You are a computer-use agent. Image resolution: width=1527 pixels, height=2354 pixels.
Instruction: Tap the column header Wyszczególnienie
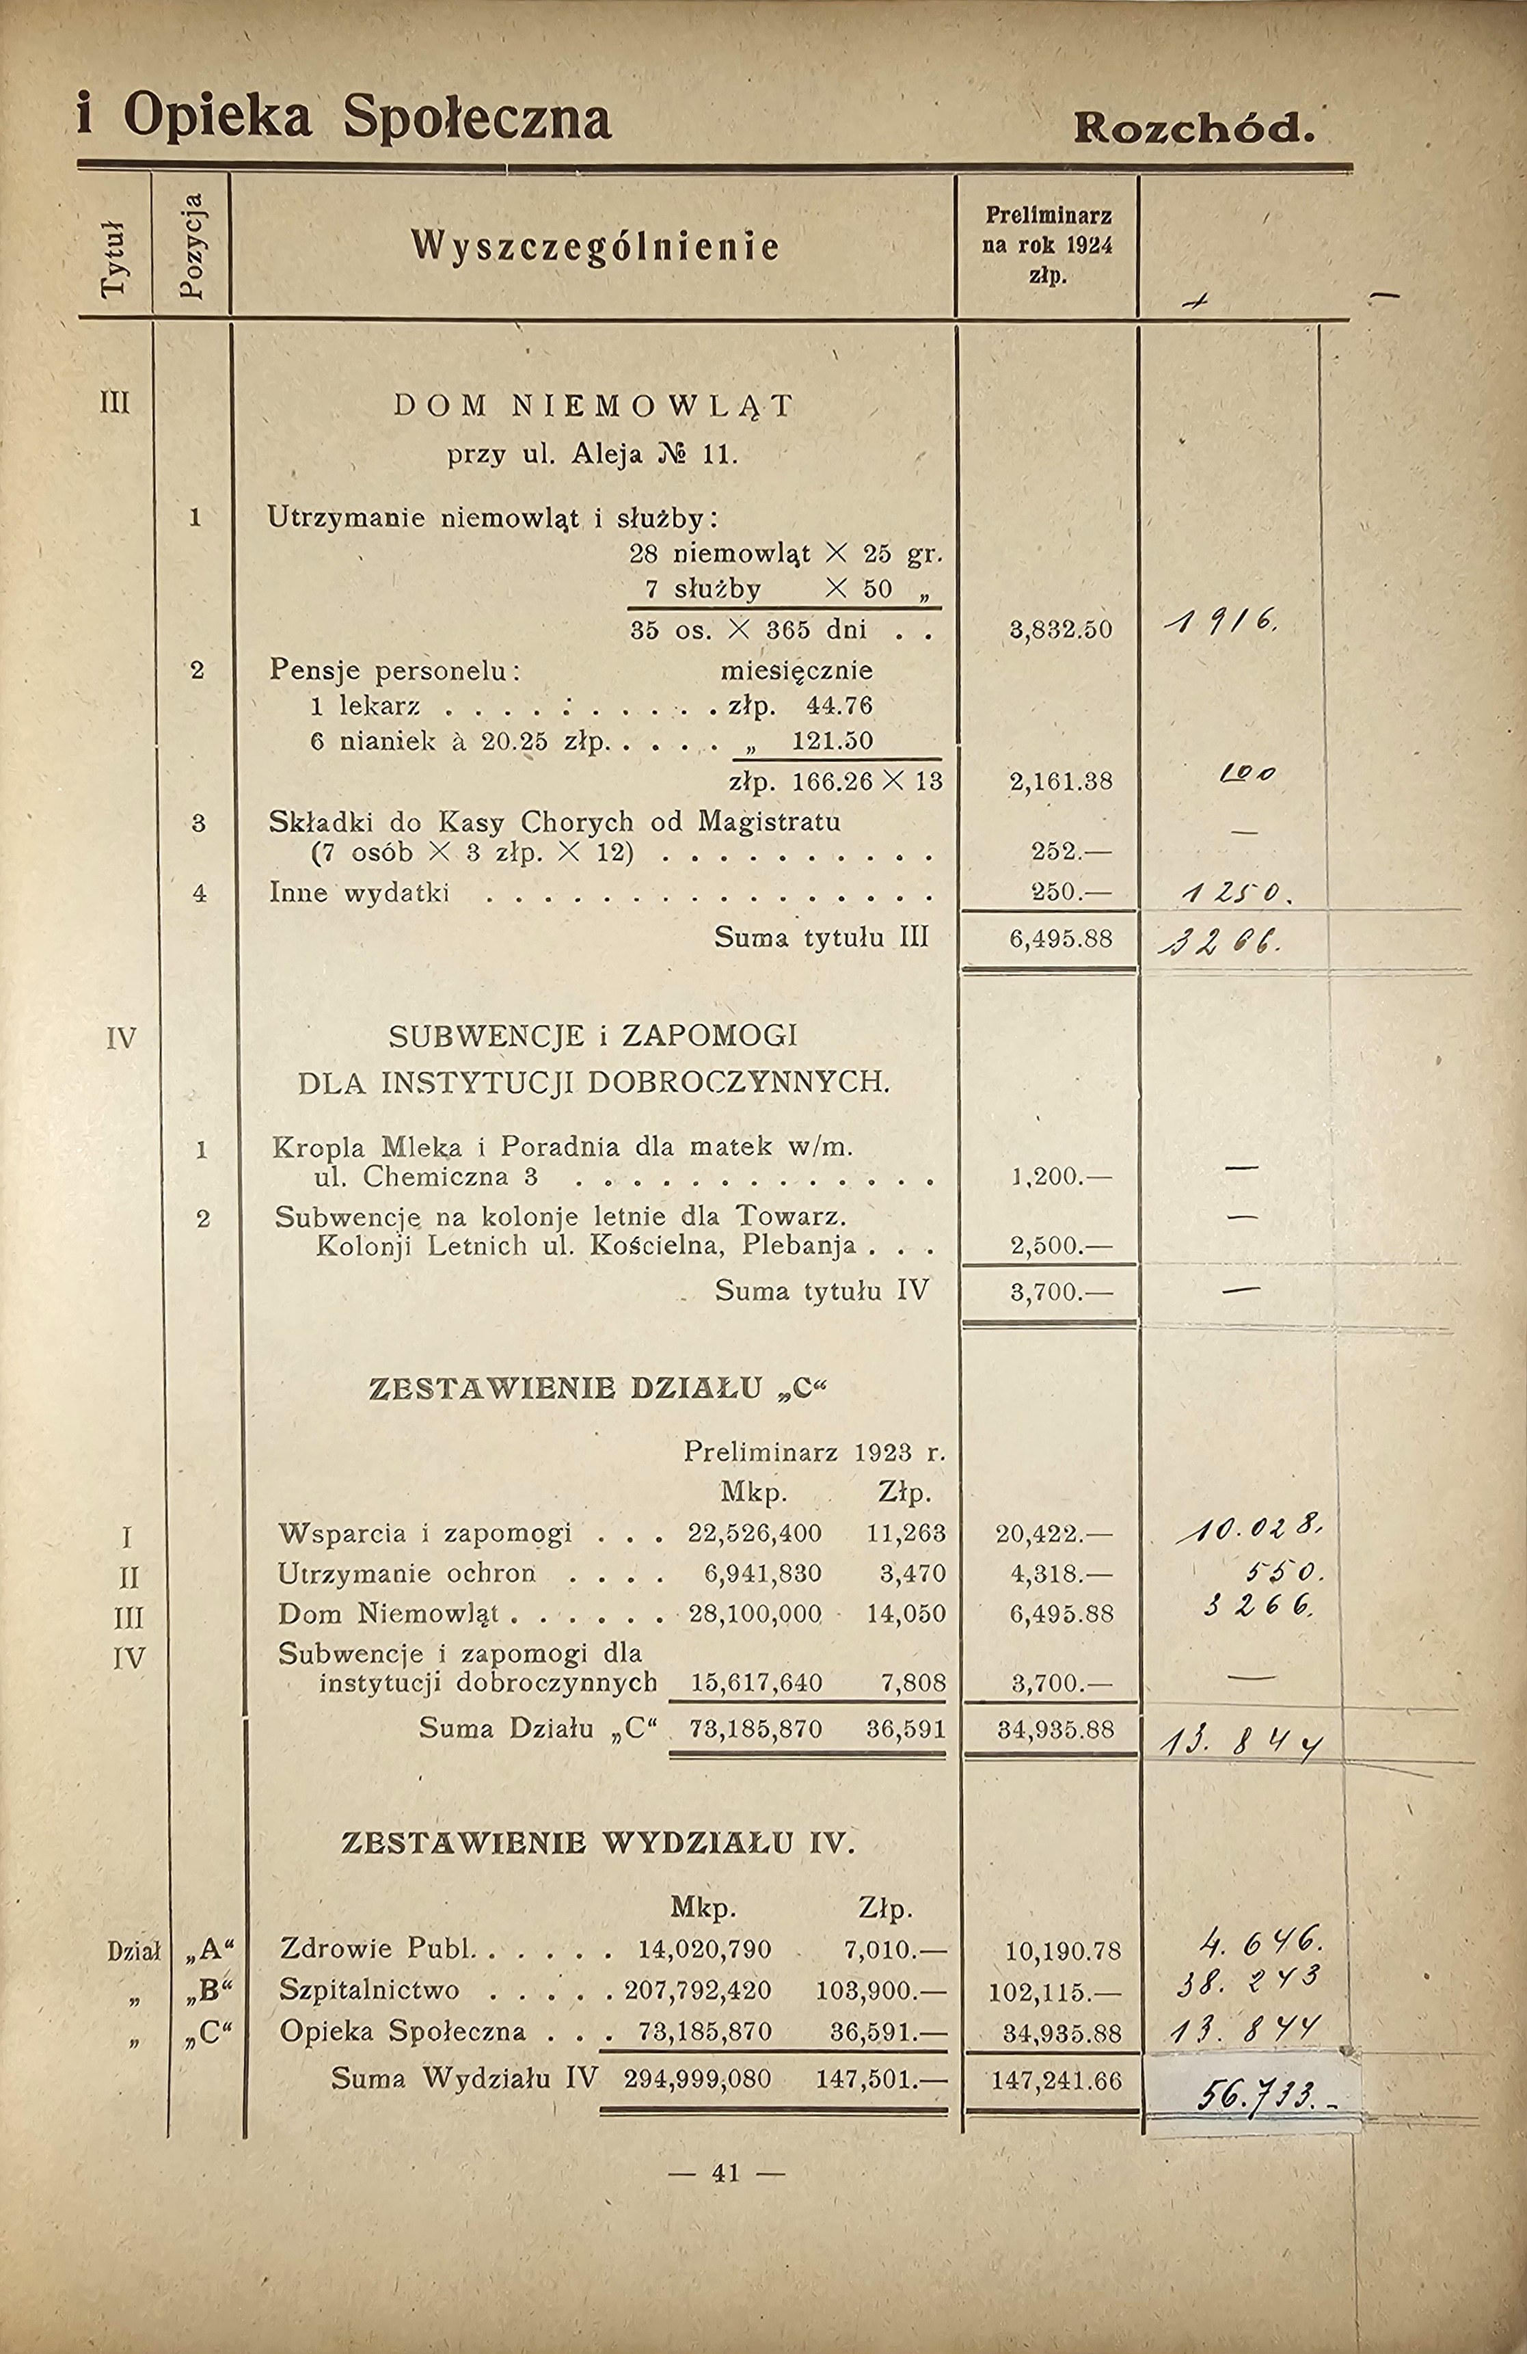[x=595, y=246]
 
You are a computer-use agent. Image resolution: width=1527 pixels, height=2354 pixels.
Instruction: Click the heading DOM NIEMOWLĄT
[x=593, y=405]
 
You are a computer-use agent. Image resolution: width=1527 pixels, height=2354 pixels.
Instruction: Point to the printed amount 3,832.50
[x=1060, y=629]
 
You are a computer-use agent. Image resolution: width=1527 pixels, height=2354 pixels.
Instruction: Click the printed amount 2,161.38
[x=1060, y=781]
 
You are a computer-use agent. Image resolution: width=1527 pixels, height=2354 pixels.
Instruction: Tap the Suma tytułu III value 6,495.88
[x=1060, y=937]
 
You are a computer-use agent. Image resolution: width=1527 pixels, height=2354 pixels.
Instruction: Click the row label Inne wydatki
[x=359, y=892]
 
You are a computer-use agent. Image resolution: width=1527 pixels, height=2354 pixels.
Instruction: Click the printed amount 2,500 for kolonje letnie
[x=1060, y=1245]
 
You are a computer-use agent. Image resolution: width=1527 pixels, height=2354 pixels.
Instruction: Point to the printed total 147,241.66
[x=1056, y=2080]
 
